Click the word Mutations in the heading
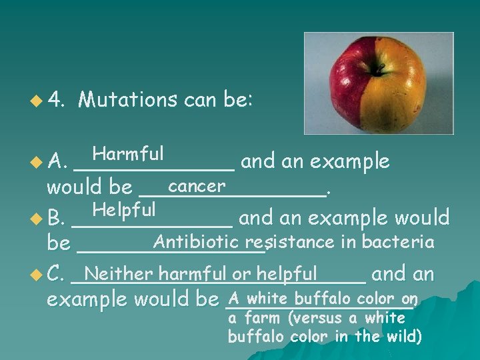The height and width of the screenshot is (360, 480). [127, 100]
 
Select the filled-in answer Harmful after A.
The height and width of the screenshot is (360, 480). [128, 154]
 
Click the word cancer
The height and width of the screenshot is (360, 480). [197, 185]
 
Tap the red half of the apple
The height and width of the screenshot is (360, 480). [353, 87]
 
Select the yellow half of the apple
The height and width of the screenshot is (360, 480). [400, 87]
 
